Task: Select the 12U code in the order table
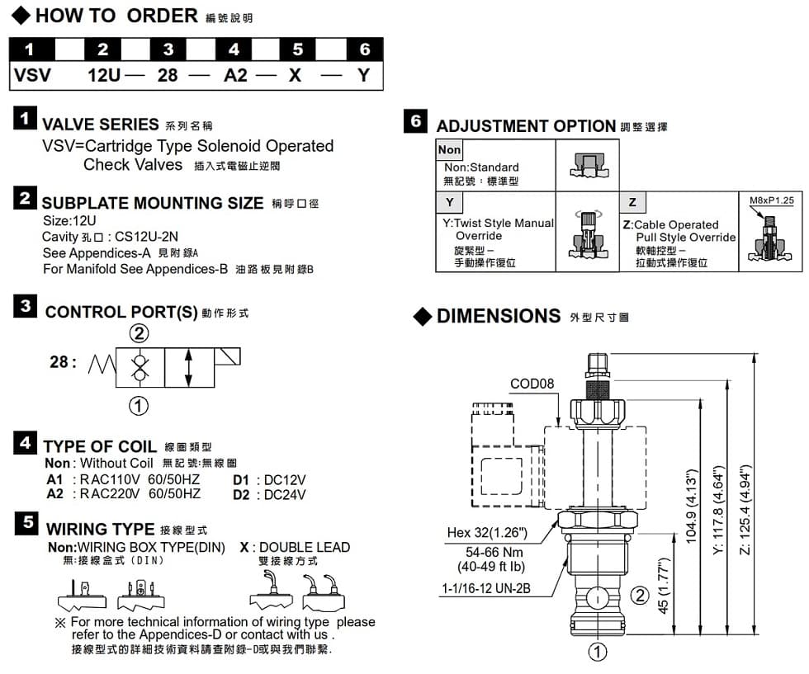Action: pos(104,76)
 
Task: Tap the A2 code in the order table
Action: pos(235,76)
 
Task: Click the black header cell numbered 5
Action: pos(298,49)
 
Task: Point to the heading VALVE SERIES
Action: pos(100,125)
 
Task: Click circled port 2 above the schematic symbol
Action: pos(140,333)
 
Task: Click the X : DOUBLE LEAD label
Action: pos(295,547)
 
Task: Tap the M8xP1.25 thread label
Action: pos(770,200)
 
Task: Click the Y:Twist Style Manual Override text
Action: pos(498,229)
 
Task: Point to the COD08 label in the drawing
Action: pos(532,384)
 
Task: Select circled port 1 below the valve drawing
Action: pos(598,652)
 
